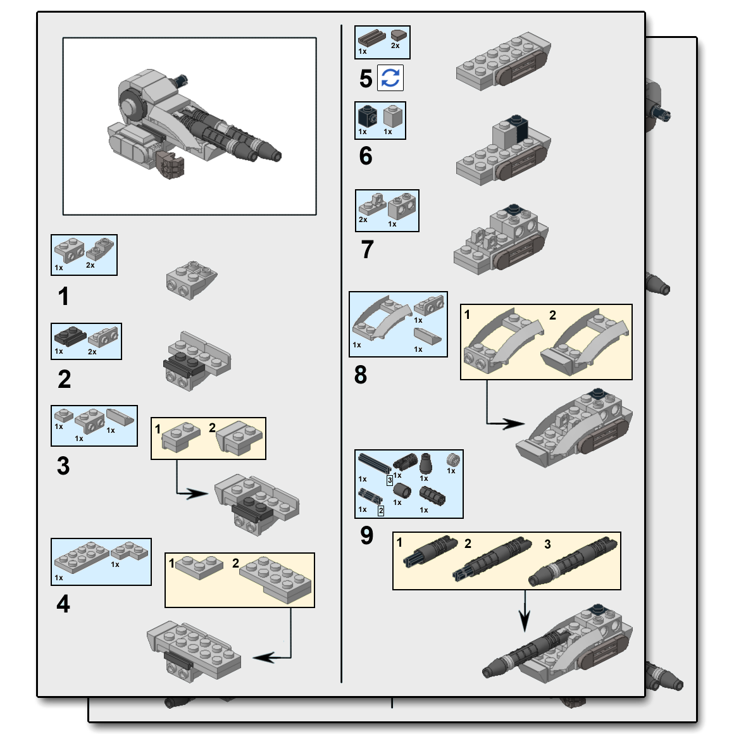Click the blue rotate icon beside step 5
[x=390, y=78]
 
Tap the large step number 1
[x=63, y=296]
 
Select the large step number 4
[x=63, y=604]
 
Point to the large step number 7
[x=367, y=250]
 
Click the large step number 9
[x=367, y=535]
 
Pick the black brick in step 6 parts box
[x=367, y=116]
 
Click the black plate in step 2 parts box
[x=70, y=335]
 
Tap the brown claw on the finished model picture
[x=171, y=166]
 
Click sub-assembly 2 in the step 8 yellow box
[x=585, y=342]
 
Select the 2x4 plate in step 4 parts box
[x=81, y=557]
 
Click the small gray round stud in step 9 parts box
[x=452, y=459]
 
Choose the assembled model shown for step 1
[x=191, y=279]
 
